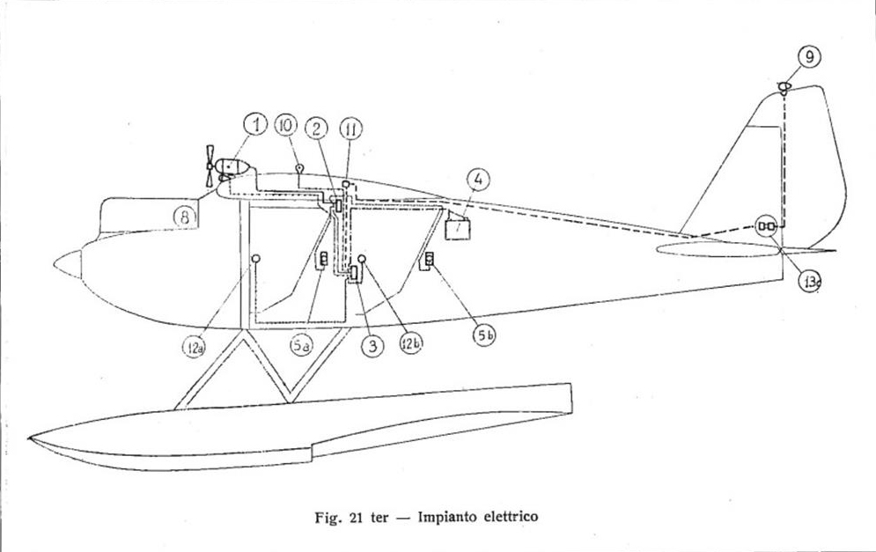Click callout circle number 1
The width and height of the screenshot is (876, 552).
coord(256,125)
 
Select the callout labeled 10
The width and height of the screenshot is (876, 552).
coord(285,125)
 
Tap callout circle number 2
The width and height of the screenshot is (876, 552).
coord(316,129)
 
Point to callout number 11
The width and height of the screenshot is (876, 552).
coord(350,130)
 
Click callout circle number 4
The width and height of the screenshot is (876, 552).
coord(478,180)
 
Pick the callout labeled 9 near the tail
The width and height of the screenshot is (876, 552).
coord(809,57)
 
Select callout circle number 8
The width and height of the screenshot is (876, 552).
coord(184,217)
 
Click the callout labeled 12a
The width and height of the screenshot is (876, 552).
coord(194,348)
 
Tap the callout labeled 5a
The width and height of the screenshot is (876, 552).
coord(301,345)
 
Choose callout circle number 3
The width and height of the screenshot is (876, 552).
coord(372,346)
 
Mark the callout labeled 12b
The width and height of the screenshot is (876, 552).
coord(410,343)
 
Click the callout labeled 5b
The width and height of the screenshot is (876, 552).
coord(484,335)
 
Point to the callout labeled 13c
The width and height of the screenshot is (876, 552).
coord(809,281)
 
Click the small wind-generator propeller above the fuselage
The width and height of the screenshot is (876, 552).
coord(210,166)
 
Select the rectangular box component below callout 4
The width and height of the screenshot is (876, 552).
coord(458,229)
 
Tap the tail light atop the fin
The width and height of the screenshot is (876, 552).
coord(784,86)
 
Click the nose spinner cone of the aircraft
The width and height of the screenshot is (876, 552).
coord(68,264)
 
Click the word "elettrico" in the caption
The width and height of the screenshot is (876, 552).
coord(507,516)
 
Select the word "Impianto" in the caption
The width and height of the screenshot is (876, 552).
coord(444,517)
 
